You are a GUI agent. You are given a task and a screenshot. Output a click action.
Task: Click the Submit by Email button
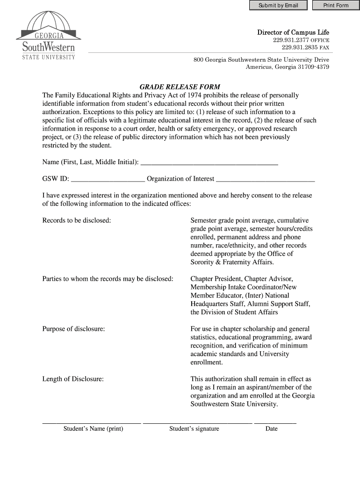point(278,5)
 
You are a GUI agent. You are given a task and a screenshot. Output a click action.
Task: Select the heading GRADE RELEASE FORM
point(180,87)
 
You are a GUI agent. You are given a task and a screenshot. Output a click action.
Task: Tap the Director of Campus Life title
point(293,32)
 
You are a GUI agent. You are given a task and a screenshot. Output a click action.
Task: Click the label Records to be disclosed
point(77,220)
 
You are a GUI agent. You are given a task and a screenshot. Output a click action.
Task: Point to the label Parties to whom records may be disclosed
point(108,279)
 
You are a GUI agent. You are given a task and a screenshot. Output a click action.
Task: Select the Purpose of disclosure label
point(73,329)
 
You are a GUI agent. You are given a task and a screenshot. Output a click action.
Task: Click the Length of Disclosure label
point(73,379)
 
